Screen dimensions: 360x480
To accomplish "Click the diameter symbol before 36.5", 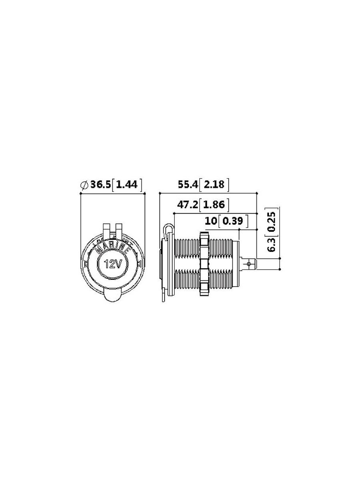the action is tap(84, 185).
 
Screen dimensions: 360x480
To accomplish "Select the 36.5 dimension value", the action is tap(101, 185).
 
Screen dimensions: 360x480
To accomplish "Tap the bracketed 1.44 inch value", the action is tap(127, 185).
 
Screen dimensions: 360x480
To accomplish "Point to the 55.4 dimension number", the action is tap(188, 185).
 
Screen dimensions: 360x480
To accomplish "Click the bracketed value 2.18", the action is tap(214, 185).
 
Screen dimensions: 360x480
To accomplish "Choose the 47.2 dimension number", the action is tap(188, 205).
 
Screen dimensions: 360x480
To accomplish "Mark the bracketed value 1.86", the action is tap(214, 205).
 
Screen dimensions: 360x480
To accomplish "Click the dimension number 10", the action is tap(211, 221).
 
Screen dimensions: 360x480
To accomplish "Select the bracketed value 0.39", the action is tap(233, 221).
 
